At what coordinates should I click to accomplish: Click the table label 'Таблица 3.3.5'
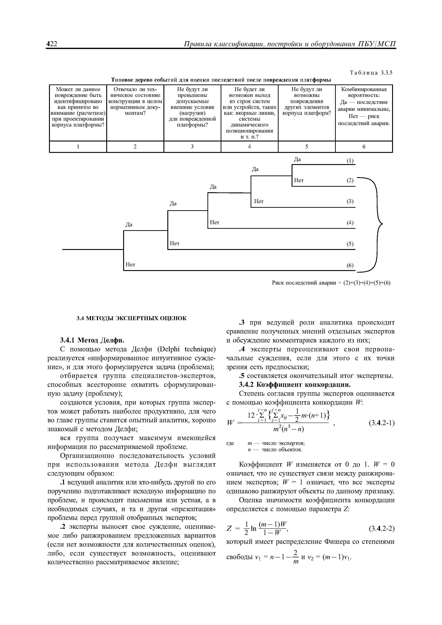click(x=371, y=73)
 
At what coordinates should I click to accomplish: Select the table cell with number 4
click(x=250, y=147)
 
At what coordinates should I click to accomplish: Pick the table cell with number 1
click(x=78, y=147)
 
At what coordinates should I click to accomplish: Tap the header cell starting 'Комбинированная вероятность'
click(x=364, y=106)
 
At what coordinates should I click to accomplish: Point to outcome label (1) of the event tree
click(x=350, y=161)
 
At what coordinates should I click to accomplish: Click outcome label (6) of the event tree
click(x=350, y=265)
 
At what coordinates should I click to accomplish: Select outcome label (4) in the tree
click(x=350, y=223)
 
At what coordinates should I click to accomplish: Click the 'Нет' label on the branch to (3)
click(x=259, y=202)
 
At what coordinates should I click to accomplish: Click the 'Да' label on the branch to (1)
click(x=297, y=159)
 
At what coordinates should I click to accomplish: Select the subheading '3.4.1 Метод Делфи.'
click(x=92, y=340)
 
